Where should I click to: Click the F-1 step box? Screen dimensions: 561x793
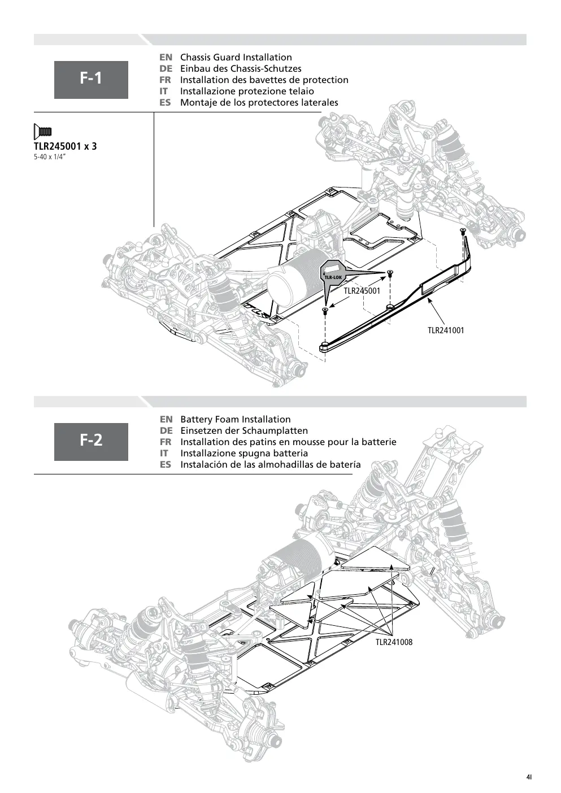point(91,80)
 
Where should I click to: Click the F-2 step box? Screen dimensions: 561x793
point(91,442)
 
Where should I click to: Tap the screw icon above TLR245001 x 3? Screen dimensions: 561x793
point(42,132)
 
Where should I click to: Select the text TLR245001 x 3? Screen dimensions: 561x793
point(65,146)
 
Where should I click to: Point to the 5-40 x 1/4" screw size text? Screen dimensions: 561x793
point(50,157)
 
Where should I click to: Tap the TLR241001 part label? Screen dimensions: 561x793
point(446,330)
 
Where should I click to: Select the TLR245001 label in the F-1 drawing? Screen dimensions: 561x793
point(362,291)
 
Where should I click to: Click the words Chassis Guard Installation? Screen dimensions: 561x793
point(236,58)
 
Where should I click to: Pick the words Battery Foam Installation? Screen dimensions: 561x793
point(236,420)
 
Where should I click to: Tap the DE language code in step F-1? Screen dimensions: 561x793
point(166,69)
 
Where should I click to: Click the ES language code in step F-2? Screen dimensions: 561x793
point(166,464)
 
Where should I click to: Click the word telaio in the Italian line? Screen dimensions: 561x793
point(301,91)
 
